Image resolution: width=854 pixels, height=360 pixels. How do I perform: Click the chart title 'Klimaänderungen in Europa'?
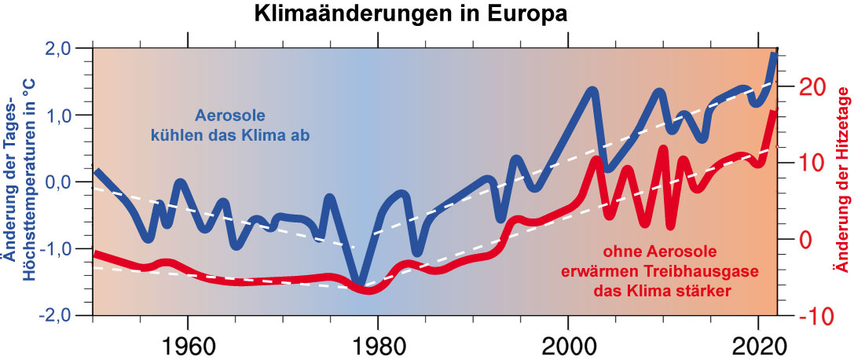point(409,14)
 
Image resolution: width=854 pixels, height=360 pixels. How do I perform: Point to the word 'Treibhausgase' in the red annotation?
point(706,272)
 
